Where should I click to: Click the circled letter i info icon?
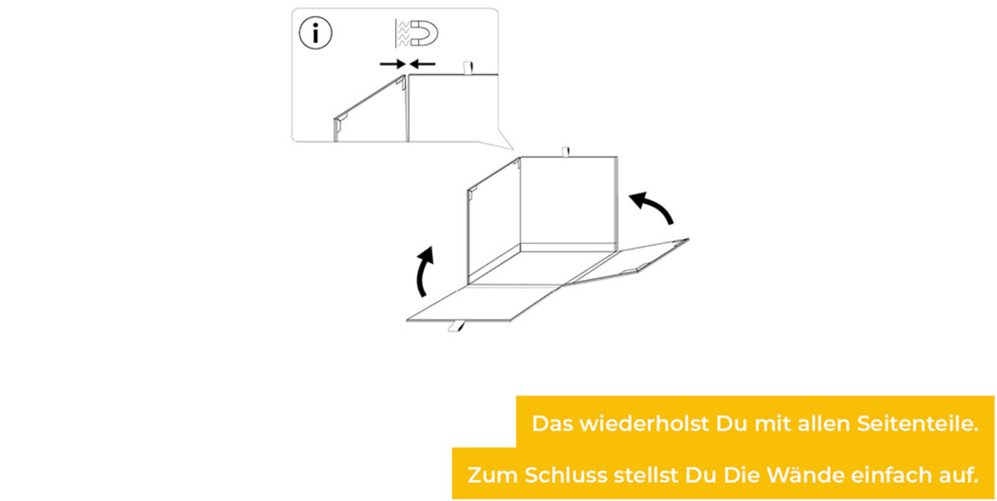coord(315,33)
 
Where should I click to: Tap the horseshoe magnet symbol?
coord(424,33)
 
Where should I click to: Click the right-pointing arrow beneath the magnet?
coord(392,65)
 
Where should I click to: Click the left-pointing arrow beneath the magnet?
coord(422,65)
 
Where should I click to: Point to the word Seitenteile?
coord(917,424)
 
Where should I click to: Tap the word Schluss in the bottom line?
coord(566,475)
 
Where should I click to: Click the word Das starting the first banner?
coord(553,423)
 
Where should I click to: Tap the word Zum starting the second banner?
coord(493,475)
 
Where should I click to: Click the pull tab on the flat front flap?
coord(457,326)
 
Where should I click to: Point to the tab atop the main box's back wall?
coord(566,152)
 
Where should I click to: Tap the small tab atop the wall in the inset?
coord(468,68)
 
